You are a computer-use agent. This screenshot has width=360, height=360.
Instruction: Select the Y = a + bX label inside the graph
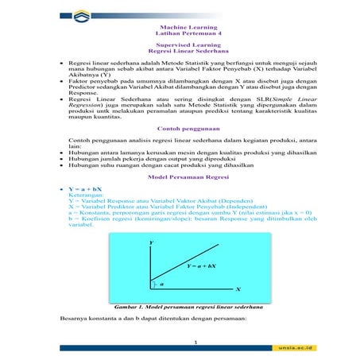[x=202, y=265]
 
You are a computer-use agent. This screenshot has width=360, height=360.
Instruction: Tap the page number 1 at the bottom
[x=180, y=341]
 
